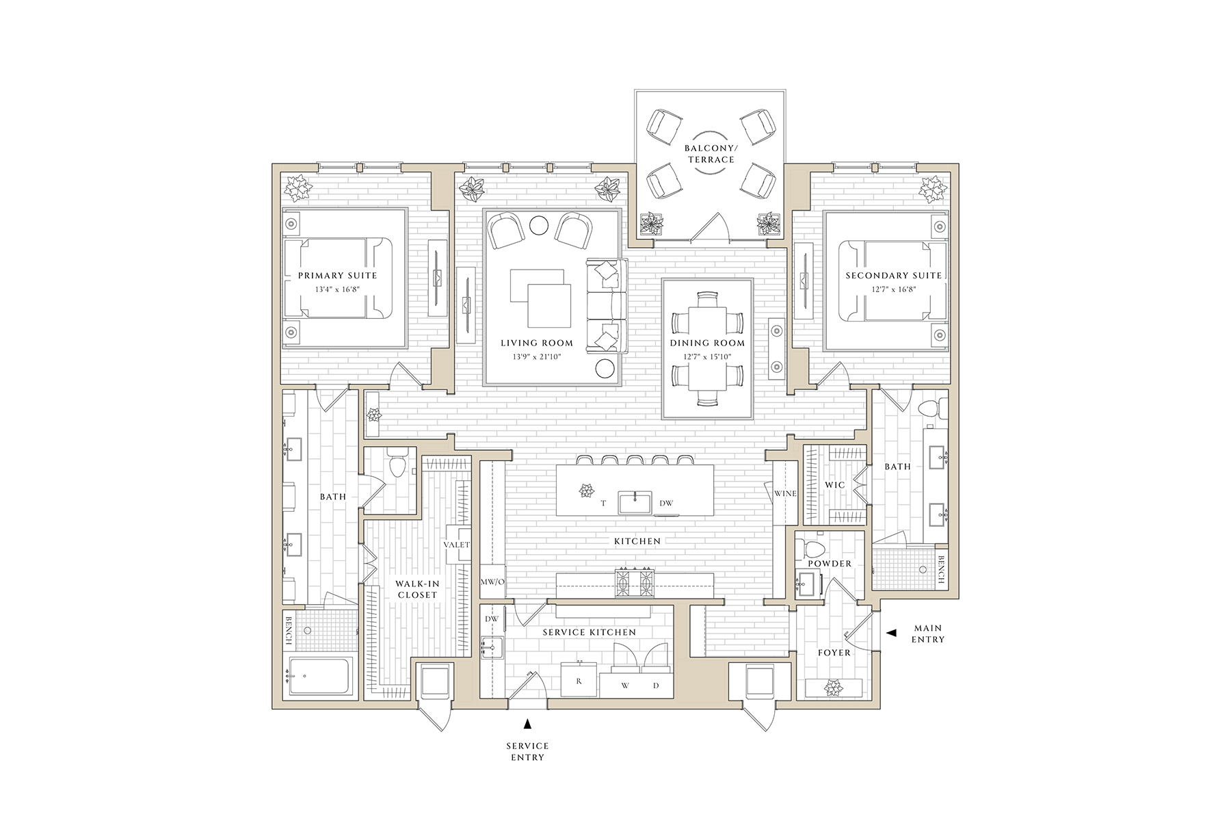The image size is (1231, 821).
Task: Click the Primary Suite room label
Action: click(x=337, y=276)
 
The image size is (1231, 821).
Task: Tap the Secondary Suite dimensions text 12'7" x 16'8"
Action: click(x=893, y=289)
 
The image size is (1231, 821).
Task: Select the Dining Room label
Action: click(x=708, y=343)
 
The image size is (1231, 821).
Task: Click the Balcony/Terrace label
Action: click(x=711, y=153)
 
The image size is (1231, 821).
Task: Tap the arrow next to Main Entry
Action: click(x=891, y=634)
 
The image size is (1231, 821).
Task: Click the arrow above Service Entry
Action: click(x=527, y=722)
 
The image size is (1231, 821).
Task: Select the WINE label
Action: click(x=785, y=493)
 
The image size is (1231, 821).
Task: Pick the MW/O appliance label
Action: click(x=492, y=582)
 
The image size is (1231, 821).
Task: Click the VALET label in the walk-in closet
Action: click(x=456, y=545)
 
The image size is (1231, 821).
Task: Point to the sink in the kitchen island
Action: click(x=635, y=502)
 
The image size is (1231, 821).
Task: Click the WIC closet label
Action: click(x=834, y=485)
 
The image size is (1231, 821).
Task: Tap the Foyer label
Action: click(x=834, y=653)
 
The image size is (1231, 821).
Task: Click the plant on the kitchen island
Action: click(x=585, y=490)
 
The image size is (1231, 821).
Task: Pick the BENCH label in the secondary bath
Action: click(x=941, y=567)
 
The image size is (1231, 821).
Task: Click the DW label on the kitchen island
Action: click(x=666, y=504)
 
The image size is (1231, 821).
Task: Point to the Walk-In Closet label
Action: click(x=416, y=589)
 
